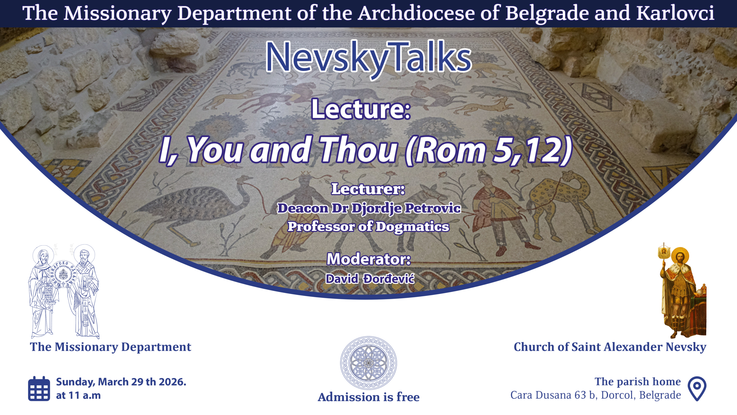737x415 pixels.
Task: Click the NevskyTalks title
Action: (368, 58)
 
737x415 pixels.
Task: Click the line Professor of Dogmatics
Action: (368, 227)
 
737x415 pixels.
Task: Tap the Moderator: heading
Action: (369, 259)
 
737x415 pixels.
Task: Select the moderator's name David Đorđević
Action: (370, 279)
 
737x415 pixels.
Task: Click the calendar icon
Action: (39, 388)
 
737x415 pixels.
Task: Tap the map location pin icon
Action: (697, 388)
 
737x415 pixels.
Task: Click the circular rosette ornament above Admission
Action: (368, 363)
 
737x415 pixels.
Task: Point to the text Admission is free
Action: (368, 397)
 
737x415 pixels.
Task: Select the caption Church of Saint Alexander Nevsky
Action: (610, 347)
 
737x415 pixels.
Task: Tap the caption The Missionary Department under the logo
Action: (111, 347)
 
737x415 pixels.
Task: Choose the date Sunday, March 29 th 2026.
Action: (121, 382)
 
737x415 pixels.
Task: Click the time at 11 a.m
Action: (78, 395)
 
